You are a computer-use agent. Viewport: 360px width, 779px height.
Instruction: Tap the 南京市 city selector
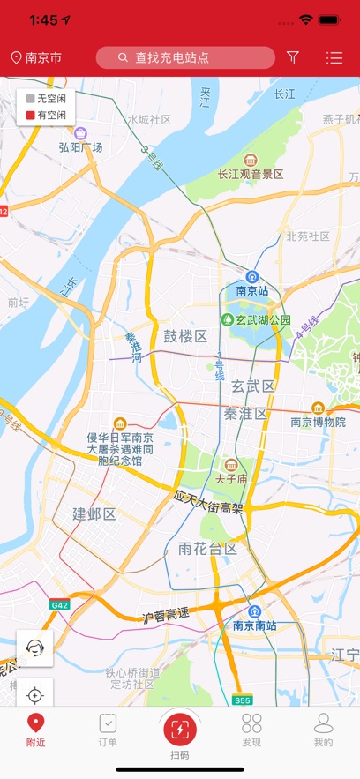(x=36, y=58)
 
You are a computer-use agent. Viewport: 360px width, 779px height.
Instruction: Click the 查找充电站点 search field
(x=185, y=58)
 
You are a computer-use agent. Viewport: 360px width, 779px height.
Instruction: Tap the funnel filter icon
(x=293, y=58)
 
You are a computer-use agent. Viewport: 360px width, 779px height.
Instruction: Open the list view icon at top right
(x=334, y=58)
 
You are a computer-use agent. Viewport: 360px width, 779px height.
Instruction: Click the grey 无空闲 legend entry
(x=46, y=99)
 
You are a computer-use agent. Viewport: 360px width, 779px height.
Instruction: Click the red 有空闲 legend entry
(x=46, y=115)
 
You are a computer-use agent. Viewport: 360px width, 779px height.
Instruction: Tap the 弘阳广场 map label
(x=81, y=146)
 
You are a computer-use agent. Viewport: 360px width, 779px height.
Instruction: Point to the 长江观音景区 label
(x=251, y=174)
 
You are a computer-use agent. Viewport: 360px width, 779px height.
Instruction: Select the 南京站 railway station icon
(x=252, y=277)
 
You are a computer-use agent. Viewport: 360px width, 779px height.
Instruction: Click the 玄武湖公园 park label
(x=256, y=319)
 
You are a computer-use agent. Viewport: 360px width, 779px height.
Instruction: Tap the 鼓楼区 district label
(x=184, y=336)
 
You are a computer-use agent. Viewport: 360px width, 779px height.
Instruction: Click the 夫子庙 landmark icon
(x=230, y=465)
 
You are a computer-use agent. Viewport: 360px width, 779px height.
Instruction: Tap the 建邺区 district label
(x=94, y=513)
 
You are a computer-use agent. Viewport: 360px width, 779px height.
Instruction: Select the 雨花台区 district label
(x=207, y=549)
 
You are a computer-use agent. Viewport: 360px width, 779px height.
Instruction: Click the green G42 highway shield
(x=59, y=605)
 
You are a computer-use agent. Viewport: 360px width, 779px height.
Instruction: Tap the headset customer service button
(x=35, y=648)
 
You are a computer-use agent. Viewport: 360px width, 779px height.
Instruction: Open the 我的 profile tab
(x=324, y=730)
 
